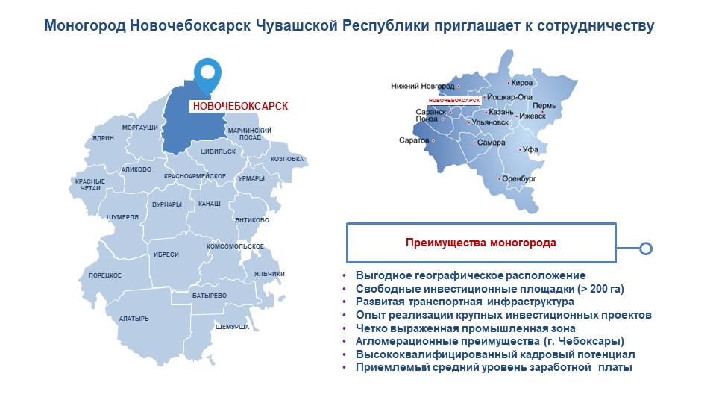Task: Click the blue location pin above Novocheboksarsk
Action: tap(208, 75)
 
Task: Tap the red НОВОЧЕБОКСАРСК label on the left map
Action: tap(240, 107)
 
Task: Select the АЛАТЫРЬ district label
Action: tap(134, 319)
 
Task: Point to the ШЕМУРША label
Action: tap(233, 327)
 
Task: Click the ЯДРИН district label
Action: tap(103, 138)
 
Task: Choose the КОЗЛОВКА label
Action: tap(286, 159)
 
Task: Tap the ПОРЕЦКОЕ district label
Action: tap(105, 275)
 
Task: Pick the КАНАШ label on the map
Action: tap(209, 204)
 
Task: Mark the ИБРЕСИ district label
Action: tap(166, 254)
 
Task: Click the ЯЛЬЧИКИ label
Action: tap(269, 274)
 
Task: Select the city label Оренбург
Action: tap(519, 178)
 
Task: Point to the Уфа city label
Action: tap(530, 149)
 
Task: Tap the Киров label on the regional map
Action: tap(522, 83)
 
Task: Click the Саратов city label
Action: tap(414, 140)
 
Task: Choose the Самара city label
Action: tap(492, 143)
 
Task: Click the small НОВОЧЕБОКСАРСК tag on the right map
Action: tap(454, 100)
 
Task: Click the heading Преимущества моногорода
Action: tap(481, 243)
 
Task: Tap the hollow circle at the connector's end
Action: tap(646, 249)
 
